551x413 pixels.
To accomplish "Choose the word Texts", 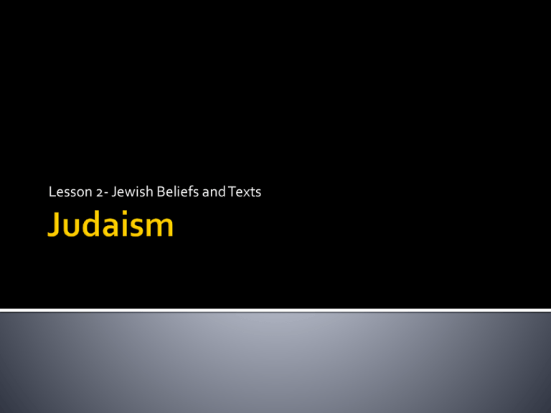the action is click(x=245, y=191).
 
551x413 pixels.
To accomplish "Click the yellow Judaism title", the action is click(x=110, y=224).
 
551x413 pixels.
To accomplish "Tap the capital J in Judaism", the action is click(x=54, y=224).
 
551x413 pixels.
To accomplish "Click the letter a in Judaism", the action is click(x=116, y=227).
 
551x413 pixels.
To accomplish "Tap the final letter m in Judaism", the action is click(x=163, y=227).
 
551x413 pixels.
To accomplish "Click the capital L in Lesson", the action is click(x=52, y=191).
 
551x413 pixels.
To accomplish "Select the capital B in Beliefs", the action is click(x=161, y=191).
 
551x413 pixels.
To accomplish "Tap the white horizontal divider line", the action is click(x=275, y=310).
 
